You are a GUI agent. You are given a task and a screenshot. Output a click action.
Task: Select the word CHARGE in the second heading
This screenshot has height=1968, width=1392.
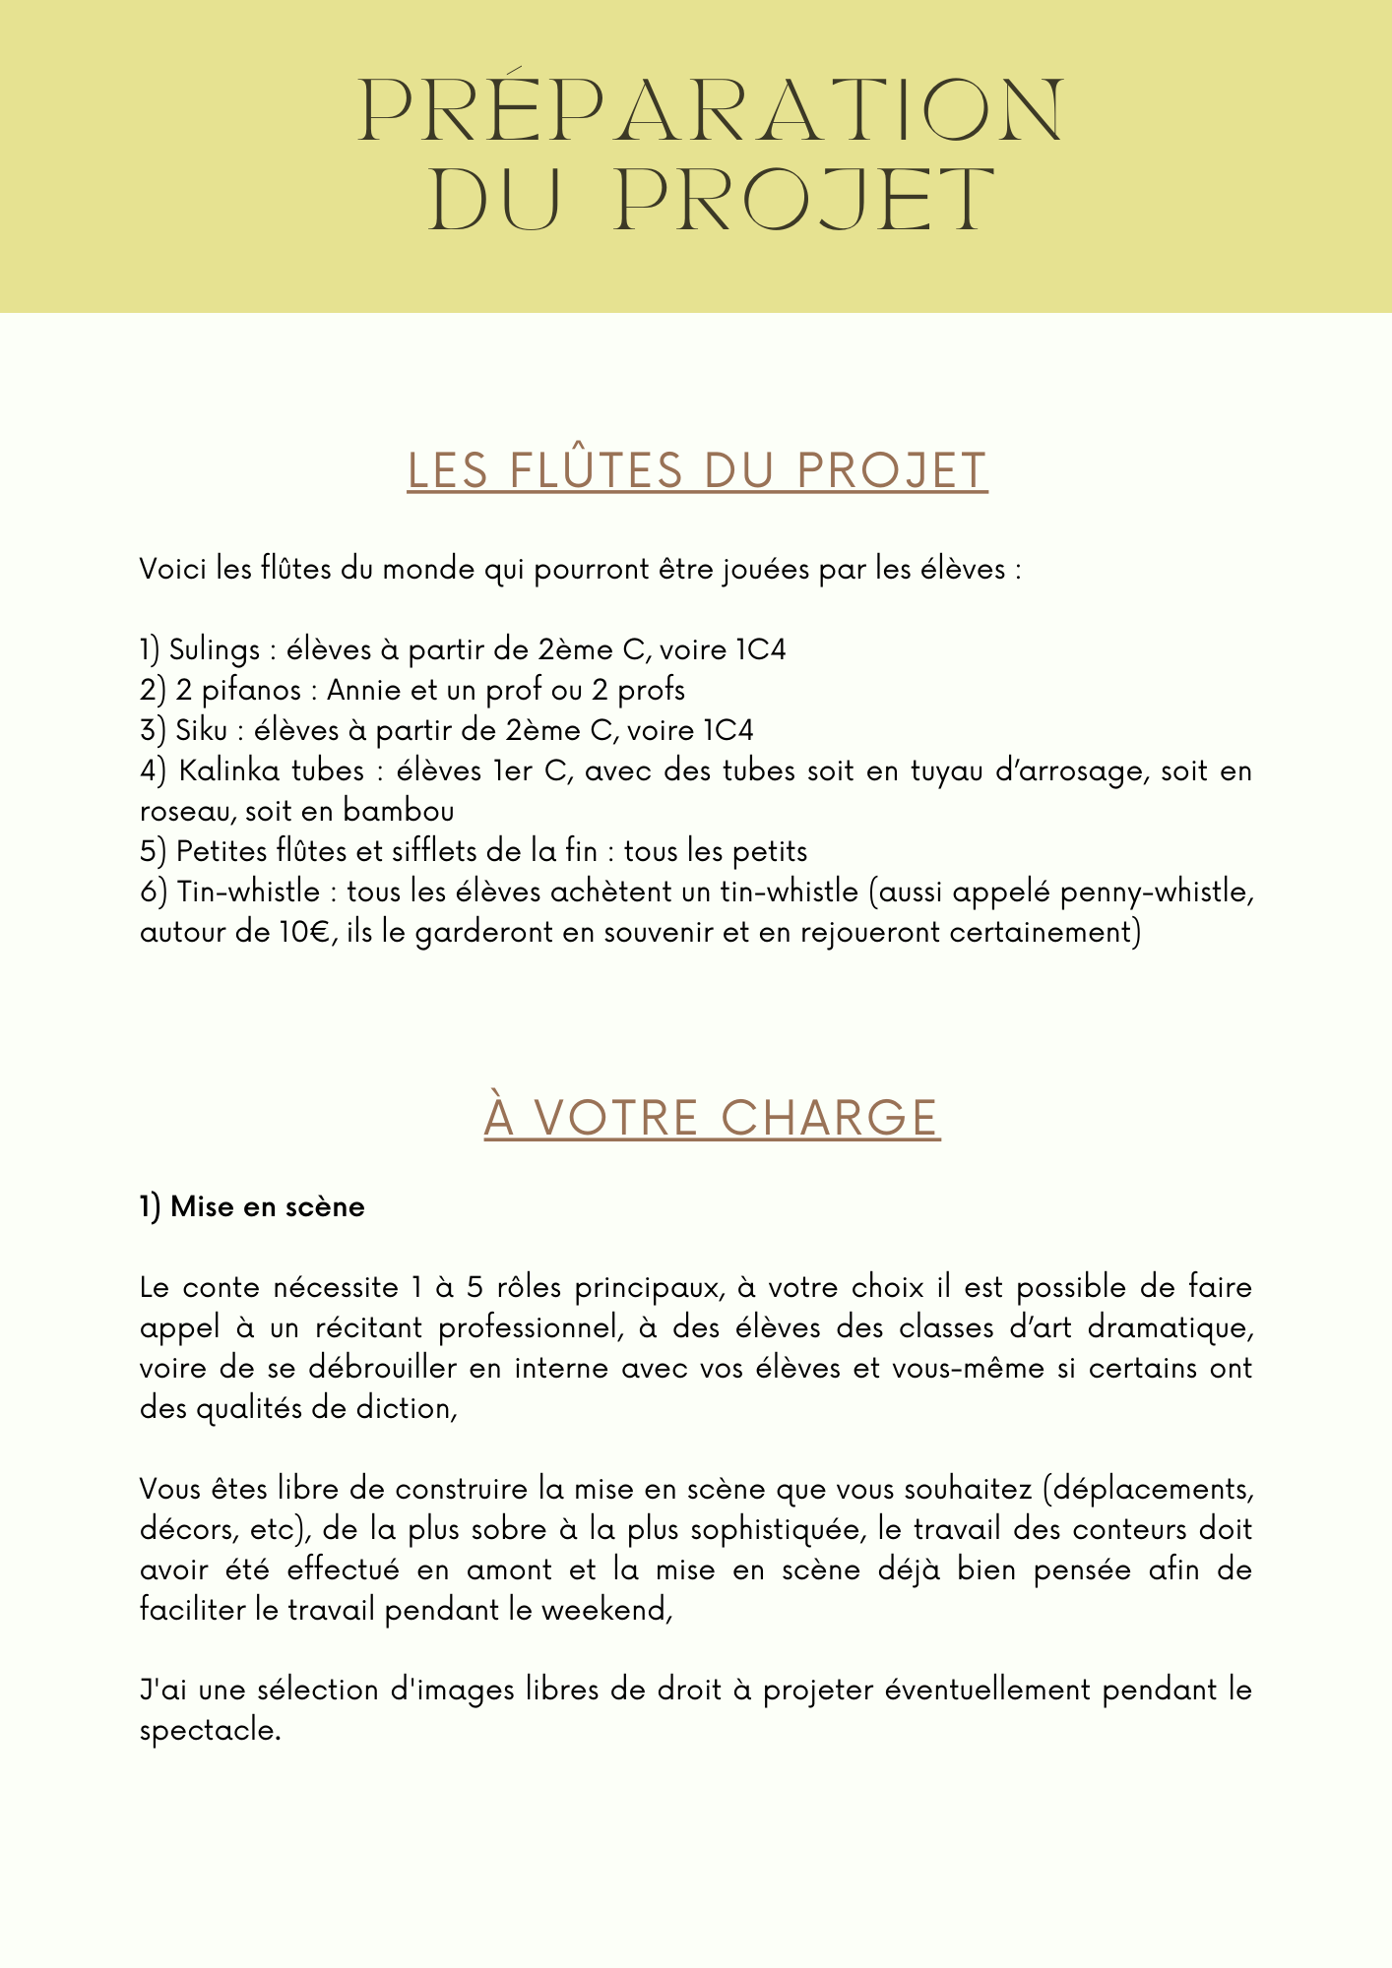[829, 1119]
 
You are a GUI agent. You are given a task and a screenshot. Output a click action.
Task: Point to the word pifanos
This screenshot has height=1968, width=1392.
[251, 691]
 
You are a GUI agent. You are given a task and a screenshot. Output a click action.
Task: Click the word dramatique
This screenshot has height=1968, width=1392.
[1169, 1328]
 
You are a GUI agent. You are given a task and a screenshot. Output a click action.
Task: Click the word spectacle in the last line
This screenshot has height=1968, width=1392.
[209, 1731]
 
